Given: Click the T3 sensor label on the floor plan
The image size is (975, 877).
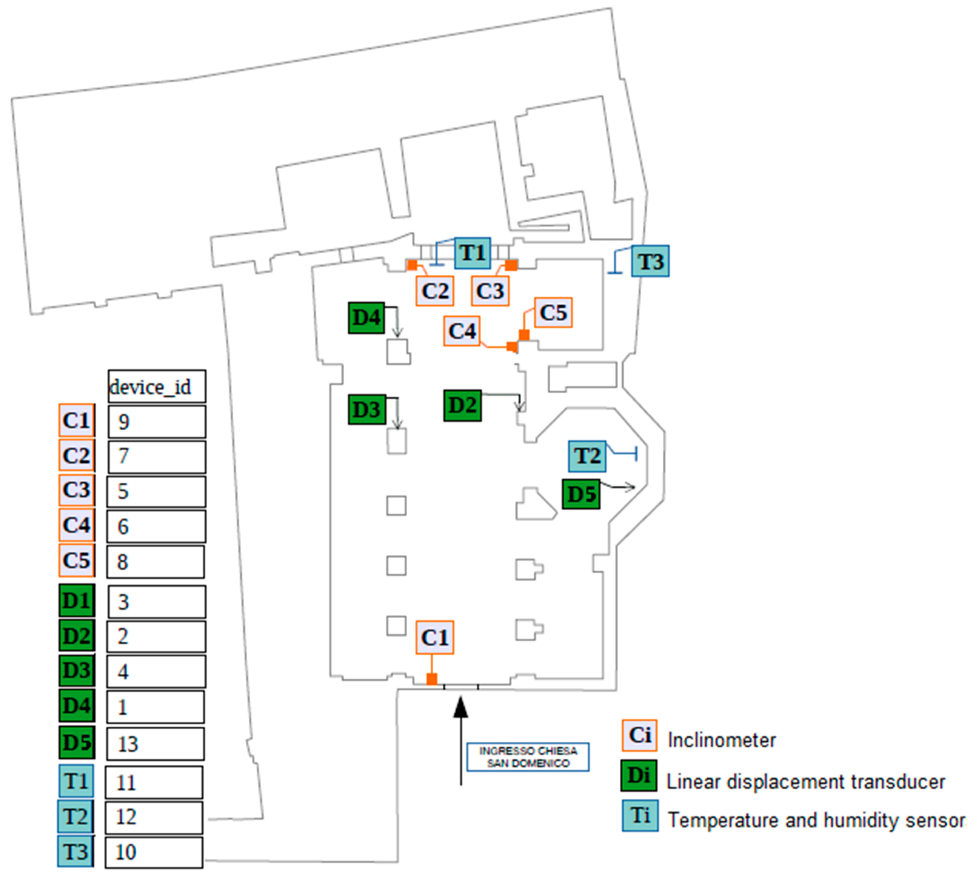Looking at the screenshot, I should (650, 261).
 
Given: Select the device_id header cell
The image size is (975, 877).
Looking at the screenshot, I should (156, 386).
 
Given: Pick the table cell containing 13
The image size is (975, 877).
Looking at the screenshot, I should (155, 743).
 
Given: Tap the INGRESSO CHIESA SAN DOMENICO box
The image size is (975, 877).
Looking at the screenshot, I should (528, 757).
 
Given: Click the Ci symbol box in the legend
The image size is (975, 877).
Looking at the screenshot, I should (639, 735).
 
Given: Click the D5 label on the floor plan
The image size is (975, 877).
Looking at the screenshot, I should (581, 494).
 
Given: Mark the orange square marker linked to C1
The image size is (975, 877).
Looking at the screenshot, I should (432, 679).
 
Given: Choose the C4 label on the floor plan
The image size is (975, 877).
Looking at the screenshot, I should (462, 331).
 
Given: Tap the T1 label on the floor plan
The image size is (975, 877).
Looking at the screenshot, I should (473, 253).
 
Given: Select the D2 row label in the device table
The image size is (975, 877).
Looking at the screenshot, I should (76, 636).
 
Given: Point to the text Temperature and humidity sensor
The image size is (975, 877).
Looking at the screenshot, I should (816, 820).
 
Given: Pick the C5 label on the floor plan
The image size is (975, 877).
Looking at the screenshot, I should (553, 313).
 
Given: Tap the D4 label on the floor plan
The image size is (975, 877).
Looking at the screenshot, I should (366, 318).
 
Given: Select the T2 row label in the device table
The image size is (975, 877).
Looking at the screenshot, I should (76, 817).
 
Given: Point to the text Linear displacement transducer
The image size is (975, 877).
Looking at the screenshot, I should (805, 781).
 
